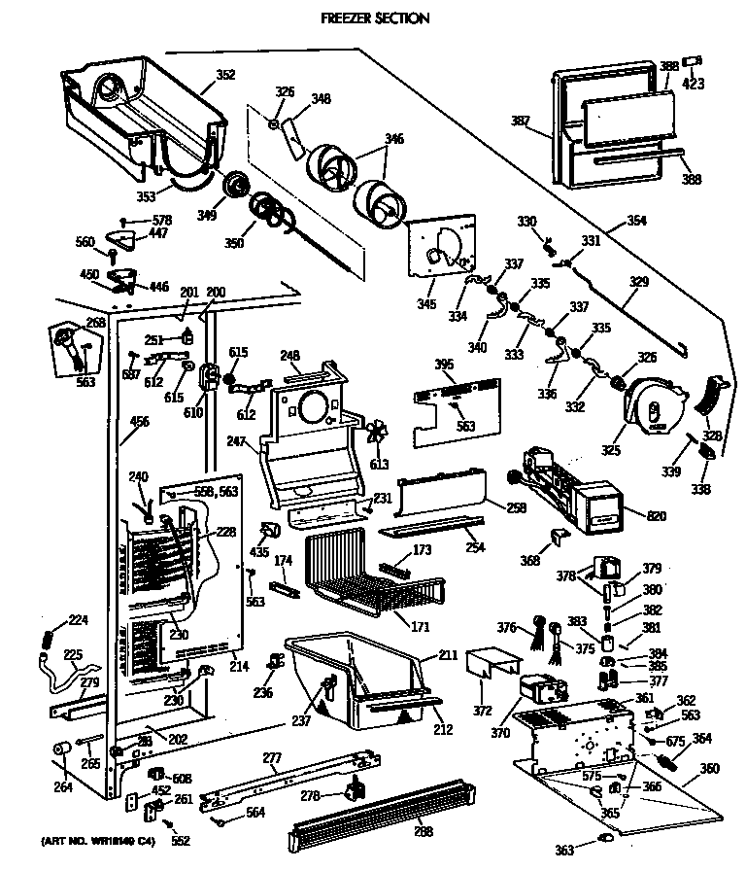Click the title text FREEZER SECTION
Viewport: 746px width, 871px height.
[x=375, y=18]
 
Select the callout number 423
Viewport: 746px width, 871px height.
[x=692, y=83]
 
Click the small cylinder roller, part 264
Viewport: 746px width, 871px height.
[x=62, y=749]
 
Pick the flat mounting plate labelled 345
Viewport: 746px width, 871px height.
[x=441, y=248]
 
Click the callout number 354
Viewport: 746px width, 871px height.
[x=635, y=223]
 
